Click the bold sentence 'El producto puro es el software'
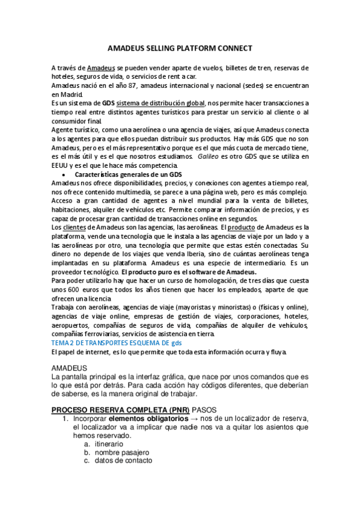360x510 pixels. pos(180,271)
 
